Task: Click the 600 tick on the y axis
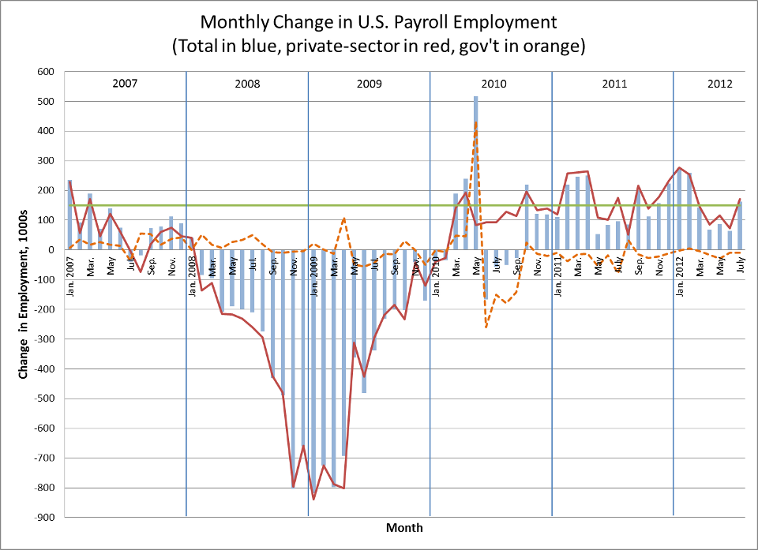(43, 72)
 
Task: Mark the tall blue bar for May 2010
(476, 174)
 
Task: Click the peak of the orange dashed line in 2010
(476, 122)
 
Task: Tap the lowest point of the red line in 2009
(313, 499)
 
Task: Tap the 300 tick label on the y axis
(43, 161)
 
